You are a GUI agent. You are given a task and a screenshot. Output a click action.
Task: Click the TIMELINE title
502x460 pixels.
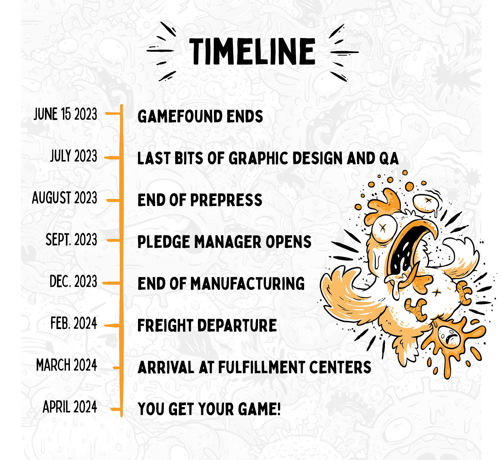252,51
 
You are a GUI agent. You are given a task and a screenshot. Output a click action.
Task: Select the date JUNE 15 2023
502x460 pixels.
65,114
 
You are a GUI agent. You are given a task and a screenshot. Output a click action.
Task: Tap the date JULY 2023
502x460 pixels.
73,156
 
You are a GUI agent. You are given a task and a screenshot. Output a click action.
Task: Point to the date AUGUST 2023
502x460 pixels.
65,198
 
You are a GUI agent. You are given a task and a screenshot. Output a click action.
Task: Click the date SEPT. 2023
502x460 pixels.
71,239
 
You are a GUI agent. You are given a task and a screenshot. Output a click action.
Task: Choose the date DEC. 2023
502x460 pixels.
73,281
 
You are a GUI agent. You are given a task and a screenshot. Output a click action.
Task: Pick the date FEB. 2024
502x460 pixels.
74,323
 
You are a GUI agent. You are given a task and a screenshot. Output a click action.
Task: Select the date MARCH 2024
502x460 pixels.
67,365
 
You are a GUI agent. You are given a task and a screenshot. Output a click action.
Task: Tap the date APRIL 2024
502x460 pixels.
70,407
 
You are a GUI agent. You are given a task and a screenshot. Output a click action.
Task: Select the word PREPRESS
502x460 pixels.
226,200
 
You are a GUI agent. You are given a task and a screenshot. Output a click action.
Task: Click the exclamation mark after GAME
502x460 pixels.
278,409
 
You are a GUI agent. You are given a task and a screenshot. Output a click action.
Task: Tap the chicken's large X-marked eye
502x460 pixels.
383,228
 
